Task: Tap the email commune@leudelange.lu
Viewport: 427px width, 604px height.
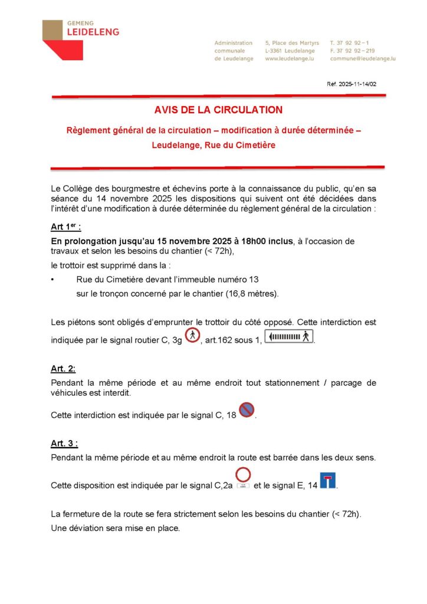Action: click(363, 59)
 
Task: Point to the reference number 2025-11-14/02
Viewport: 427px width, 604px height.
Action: click(352, 84)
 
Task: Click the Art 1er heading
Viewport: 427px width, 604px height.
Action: click(65, 228)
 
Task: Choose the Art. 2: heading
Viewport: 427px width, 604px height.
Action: click(63, 369)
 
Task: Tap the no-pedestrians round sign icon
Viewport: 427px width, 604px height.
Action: click(192, 336)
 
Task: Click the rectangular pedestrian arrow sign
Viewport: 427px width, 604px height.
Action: click(289, 337)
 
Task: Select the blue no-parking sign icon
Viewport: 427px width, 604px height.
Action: click(247, 409)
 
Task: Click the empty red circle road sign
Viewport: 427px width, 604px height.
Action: click(243, 475)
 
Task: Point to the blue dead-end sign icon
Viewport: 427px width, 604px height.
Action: click(328, 480)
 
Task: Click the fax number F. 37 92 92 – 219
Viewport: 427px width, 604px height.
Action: click(352, 51)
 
